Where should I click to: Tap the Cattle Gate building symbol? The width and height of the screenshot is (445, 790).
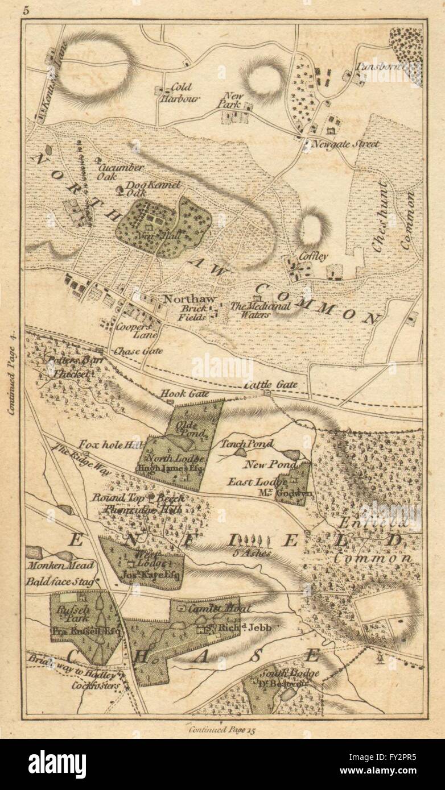(x=266, y=393)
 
